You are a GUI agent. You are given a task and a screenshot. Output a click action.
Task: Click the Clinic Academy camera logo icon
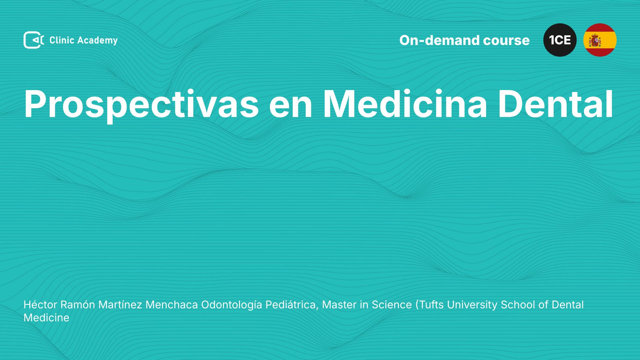(34, 40)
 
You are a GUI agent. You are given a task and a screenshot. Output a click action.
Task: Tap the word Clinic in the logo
(62, 40)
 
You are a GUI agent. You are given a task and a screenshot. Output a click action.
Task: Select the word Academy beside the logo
(98, 41)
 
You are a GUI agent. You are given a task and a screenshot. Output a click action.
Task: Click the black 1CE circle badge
(560, 40)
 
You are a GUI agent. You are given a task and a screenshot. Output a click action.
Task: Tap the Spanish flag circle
(600, 40)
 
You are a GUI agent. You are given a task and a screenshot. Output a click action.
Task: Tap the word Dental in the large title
(555, 104)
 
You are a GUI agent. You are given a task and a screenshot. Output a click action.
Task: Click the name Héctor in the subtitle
(40, 305)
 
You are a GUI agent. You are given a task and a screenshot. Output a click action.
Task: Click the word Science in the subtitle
(392, 305)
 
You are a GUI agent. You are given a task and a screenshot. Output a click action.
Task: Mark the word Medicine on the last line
(46, 318)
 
